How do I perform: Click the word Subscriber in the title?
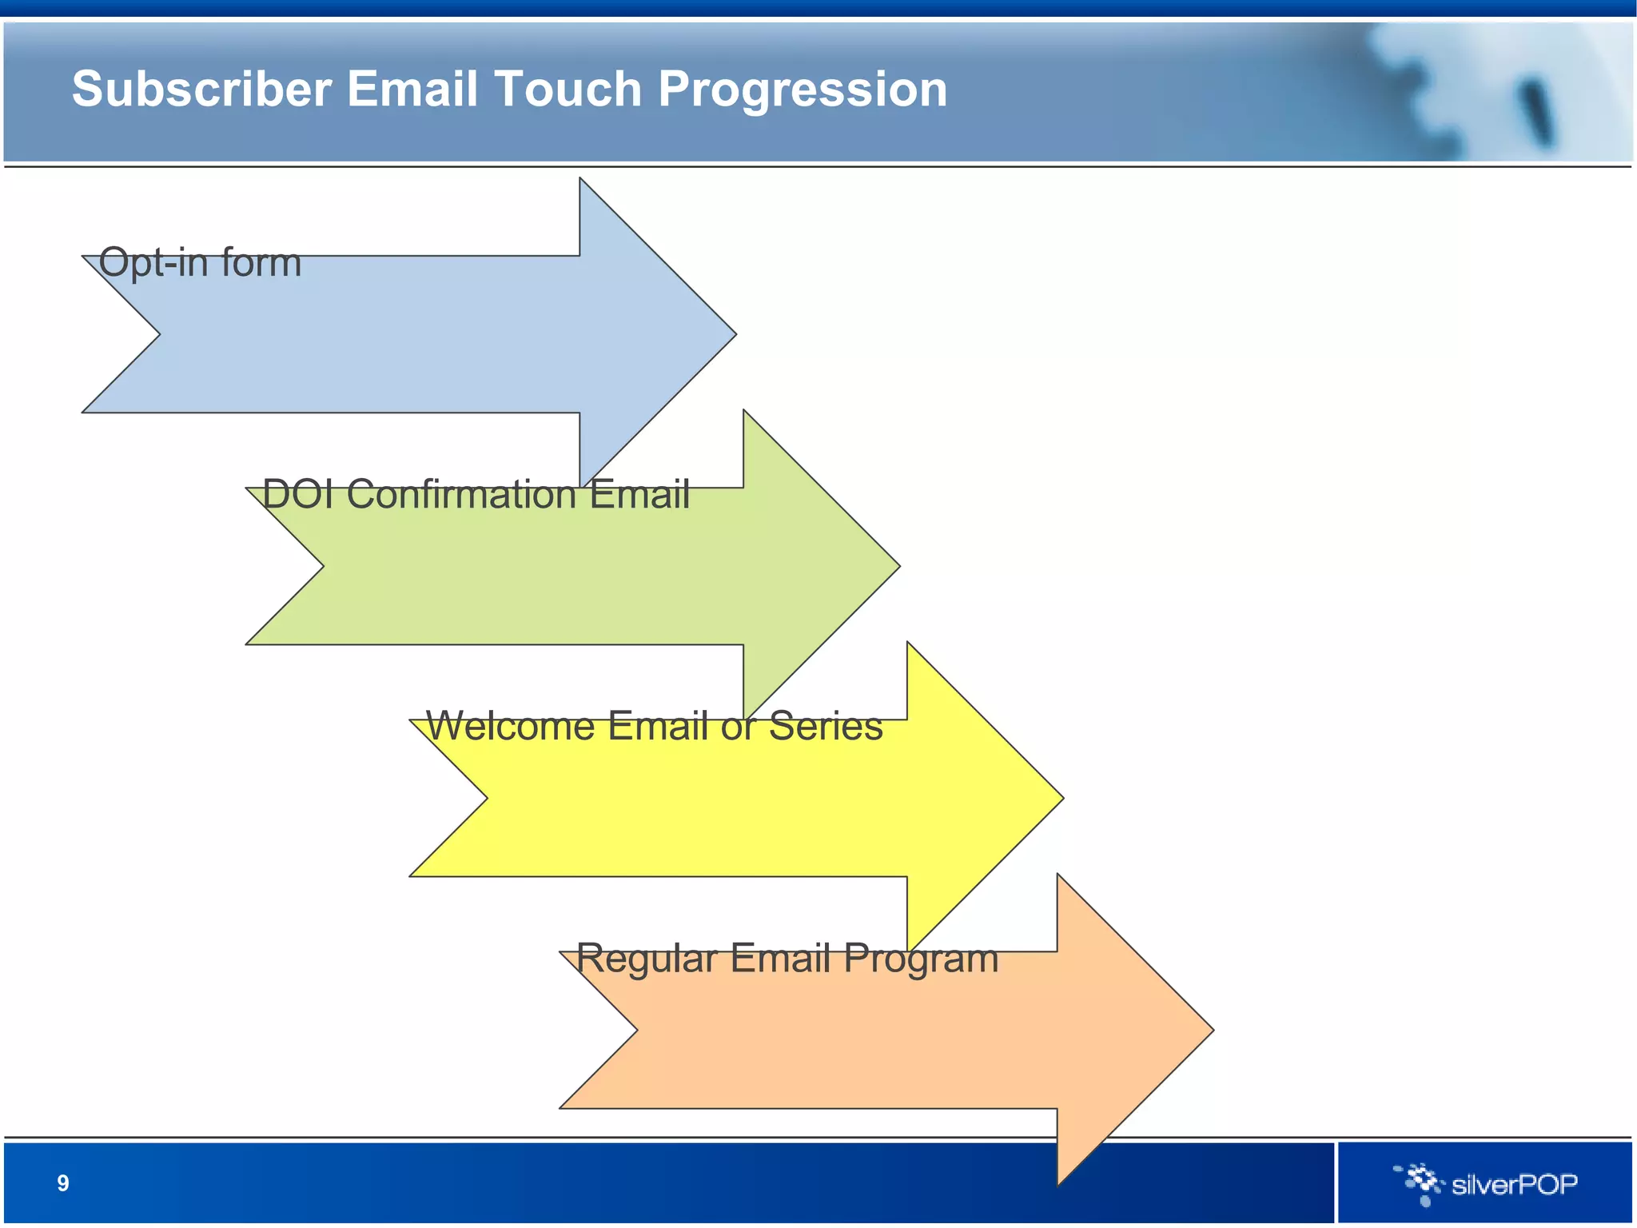[x=201, y=89]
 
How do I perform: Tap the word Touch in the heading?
[x=568, y=89]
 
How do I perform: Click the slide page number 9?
[x=63, y=1183]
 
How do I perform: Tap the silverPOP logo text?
[x=1514, y=1184]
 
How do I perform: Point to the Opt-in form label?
[x=200, y=262]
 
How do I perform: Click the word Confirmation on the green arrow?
[x=462, y=494]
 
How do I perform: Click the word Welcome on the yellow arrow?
[x=511, y=726]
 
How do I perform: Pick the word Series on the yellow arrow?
[x=825, y=726]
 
